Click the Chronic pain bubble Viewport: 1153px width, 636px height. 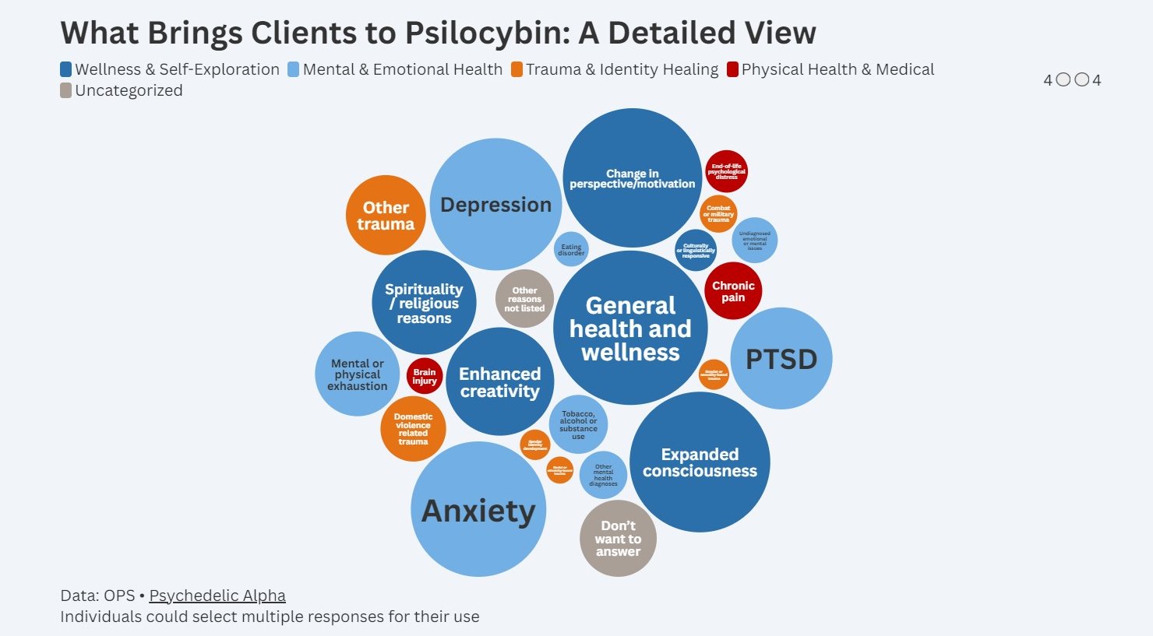[x=733, y=291]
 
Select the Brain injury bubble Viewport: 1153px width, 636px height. [x=425, y=377]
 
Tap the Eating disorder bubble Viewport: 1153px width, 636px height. [x=571, y=250]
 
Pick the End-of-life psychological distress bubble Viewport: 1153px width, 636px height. [x=726, y=171]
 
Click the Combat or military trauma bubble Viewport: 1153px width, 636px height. [x=718, y=214]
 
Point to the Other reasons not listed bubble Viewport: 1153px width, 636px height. [x=524, y=299]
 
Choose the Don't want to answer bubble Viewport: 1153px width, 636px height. [x=618, y=539]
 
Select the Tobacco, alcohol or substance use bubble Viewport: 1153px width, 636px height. [x=578, y=425]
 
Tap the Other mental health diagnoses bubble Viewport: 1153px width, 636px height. [x=603, y=475]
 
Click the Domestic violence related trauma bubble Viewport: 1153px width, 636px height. [x=413, y=429]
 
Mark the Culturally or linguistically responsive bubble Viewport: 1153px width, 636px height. [x=696, y=251]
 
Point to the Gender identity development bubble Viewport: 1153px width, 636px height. [x=535, y=445]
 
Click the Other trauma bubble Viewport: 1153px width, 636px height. [x=386, y=216]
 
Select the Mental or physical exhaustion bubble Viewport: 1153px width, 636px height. [x=358, y=374]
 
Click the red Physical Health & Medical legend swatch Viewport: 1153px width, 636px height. [x=732, y=69]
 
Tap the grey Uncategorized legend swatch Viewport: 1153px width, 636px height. [x=66, y=90]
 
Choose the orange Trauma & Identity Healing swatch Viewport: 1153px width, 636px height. [x=517, y=69]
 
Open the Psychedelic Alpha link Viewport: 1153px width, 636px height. [x=217, y=596]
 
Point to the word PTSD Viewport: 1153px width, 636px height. [x=781, y=359]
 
